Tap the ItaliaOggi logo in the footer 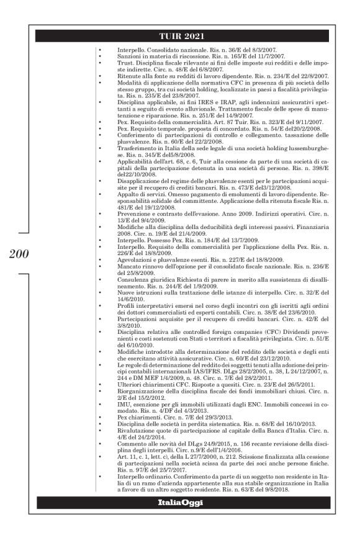(179, 518)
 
